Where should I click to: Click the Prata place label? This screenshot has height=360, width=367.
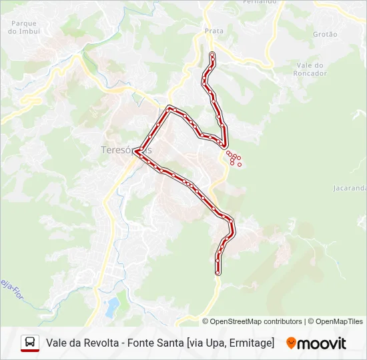tap(214, 31)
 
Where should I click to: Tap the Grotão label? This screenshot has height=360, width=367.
tap(325, 34)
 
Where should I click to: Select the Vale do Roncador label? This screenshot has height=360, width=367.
tap(310, 69)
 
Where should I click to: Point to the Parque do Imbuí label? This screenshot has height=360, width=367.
tap(24, 27)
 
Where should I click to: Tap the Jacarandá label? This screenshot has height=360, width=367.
tap(349, 188)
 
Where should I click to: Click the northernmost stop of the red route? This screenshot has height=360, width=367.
tap(212, 53)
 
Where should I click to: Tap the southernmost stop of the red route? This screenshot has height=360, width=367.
tap(218, 273)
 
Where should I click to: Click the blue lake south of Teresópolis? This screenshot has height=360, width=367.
tap(112, 307)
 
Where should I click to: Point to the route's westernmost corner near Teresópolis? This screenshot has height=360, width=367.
tap(135, 151)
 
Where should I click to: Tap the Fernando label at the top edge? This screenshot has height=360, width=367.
tap(260, 2)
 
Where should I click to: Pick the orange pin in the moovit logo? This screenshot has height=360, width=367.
tap(291, 343)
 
